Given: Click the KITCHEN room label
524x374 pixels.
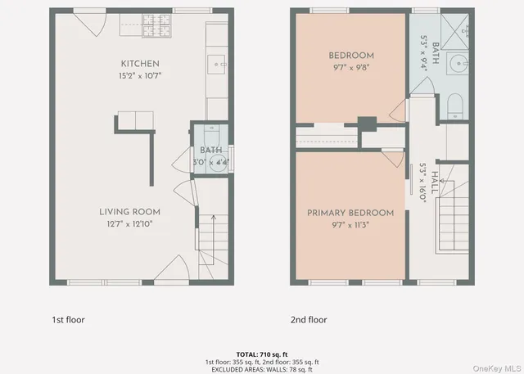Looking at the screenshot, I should pyautogui.click(x=140, y=64).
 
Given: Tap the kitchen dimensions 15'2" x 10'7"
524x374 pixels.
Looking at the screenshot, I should pyautogui.click(x=140, y=76).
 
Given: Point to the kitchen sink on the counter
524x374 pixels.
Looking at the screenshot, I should pyautogui.click(x=217, y=61).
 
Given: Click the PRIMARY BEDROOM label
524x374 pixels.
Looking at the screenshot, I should pyautogui.click(x=350, y=213).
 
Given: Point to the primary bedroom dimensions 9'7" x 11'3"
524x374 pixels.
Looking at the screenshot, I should pyautogui.click(x=350, y=225).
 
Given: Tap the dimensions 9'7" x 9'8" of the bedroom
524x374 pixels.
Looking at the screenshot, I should pyautogui.click(x=350, y=68).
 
